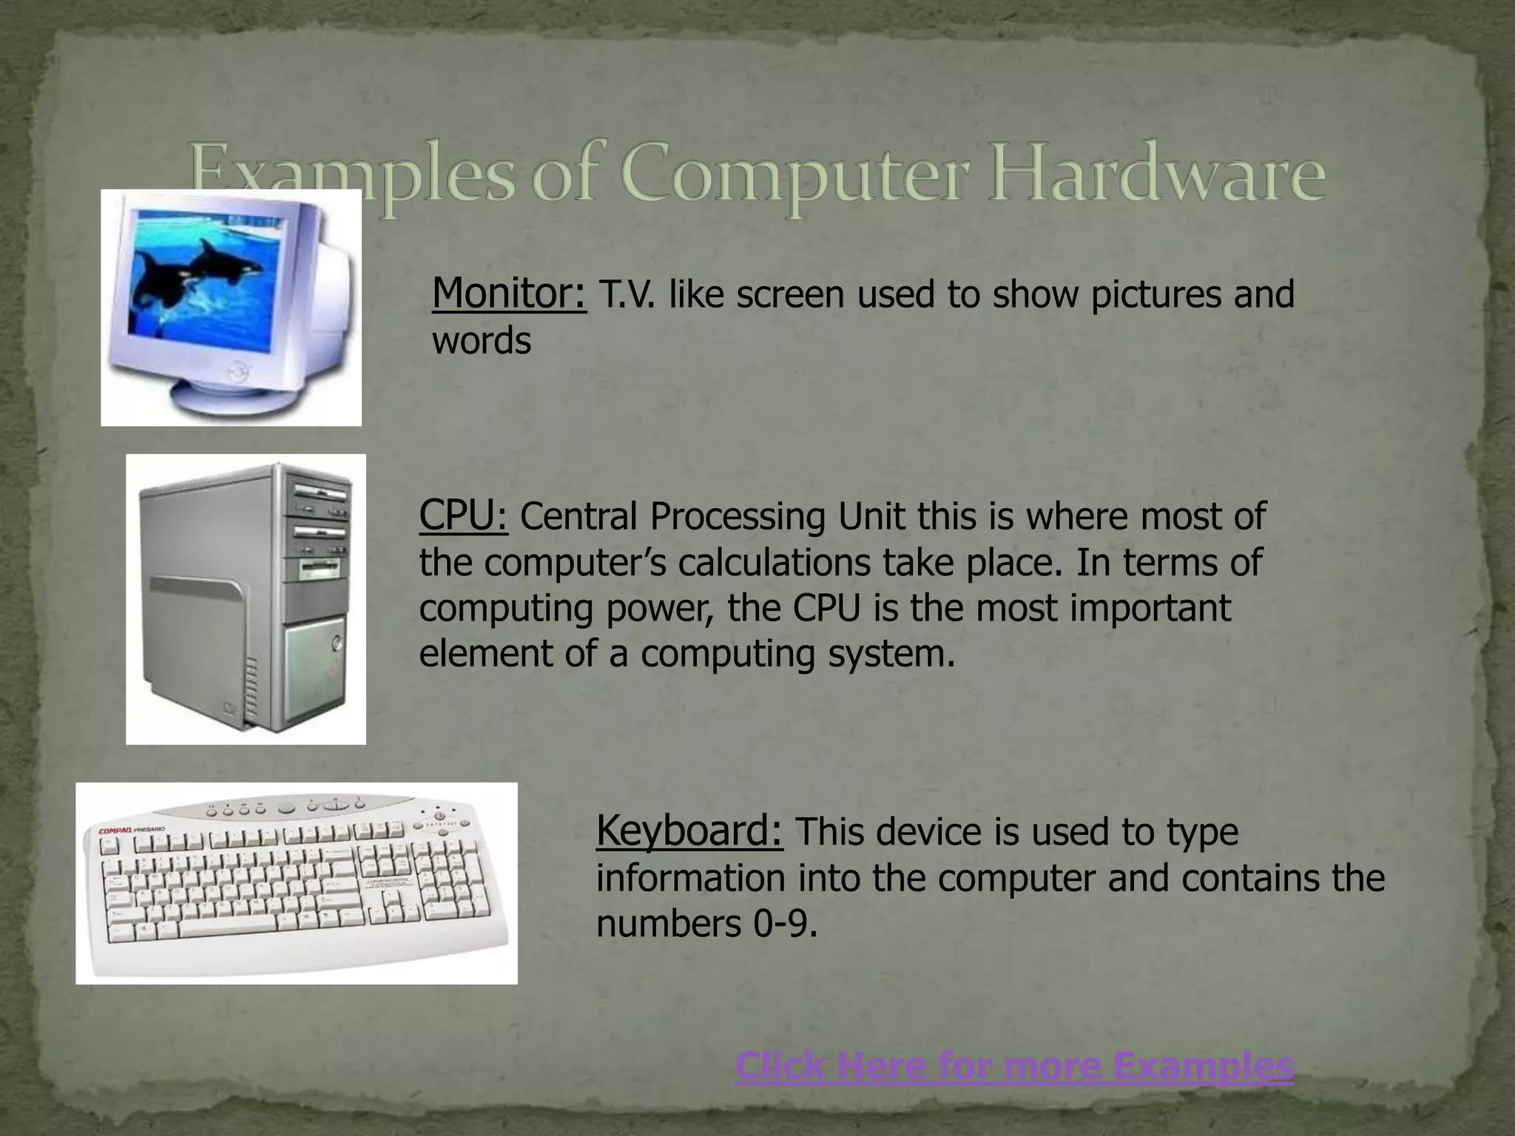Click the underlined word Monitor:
pyautogui.click(x=509, y=294)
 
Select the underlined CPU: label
pyautogui.click(x=463, y=515)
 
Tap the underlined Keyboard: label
pyautogui.click(x=689, y=831)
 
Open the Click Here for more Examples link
pyautogui.click(x=1014, y=1066)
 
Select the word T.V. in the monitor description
pyautogui.click(x=626, y=295)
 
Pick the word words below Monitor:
pyautogui.click(x=482, y=342)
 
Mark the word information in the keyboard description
pyautogui.click(x=691, y=879)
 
